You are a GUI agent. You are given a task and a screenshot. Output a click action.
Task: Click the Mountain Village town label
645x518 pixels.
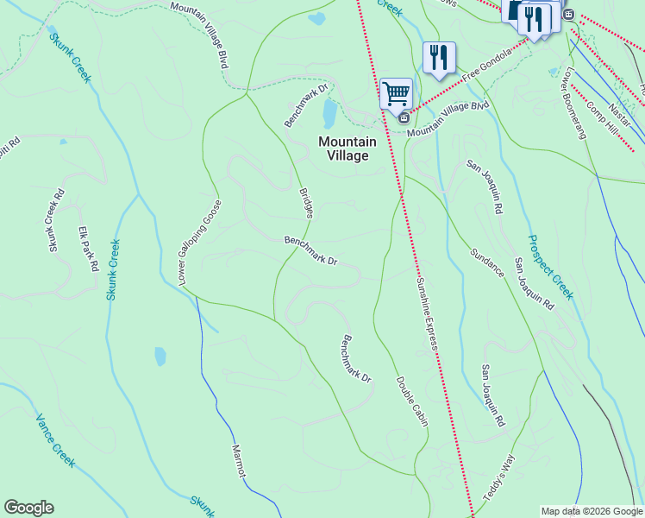coord(348,148)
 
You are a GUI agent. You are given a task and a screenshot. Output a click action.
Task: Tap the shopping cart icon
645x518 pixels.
coord(396,92)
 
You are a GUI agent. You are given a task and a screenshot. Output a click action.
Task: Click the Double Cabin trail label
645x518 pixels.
coord(412,401)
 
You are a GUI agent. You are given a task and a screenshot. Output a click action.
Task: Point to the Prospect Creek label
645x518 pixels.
coord(550,267)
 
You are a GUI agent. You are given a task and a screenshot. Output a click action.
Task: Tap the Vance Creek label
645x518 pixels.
coord(55,440)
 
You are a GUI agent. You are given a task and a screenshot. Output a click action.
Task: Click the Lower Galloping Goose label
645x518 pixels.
coord(200,243)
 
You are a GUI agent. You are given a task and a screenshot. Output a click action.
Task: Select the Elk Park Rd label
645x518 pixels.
coord(88,250)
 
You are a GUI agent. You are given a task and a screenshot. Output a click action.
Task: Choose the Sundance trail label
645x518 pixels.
coord(487,262)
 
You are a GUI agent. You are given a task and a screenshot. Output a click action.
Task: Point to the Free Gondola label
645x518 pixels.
coord(487,66)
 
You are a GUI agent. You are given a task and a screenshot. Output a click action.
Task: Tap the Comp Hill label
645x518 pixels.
coord(602,117)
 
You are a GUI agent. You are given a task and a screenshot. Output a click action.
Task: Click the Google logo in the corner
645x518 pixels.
coord(28,508)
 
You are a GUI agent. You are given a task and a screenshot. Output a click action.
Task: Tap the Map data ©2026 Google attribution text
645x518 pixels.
coord(591,511)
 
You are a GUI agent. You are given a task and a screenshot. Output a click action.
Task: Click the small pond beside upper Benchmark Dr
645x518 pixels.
coord(329,112)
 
